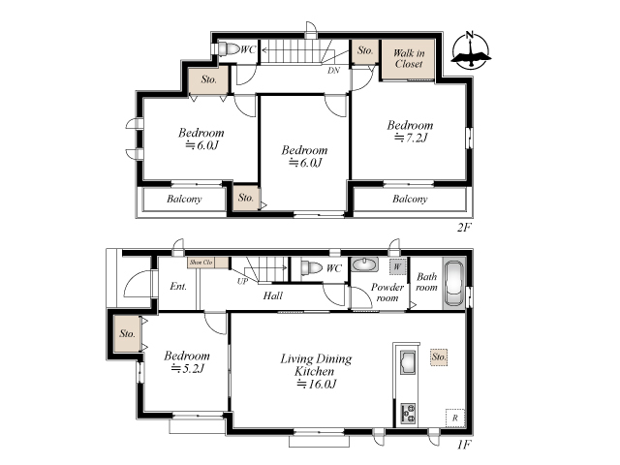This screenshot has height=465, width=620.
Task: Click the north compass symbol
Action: tap(471, 50)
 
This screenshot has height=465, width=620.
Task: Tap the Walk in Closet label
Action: tap(409, 58)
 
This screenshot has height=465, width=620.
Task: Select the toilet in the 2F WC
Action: tap(229, 49)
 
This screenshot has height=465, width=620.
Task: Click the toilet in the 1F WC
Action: tap(311, 268)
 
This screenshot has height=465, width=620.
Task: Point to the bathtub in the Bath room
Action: tap(453, 283)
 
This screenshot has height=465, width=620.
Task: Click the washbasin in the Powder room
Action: tap(364, 264)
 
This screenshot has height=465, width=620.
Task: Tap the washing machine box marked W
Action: tap(397, 267)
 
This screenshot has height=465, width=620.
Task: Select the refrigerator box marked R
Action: tap(454, 418)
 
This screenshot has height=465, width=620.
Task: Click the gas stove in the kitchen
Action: tap(408, 414)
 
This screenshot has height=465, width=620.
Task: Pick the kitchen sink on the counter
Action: tap(408, 361)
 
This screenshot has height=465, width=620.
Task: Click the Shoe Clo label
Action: tap(201, 263)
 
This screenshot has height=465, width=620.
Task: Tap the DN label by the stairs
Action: tap(333, 71)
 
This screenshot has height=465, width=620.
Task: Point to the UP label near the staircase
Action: tap(242, 281)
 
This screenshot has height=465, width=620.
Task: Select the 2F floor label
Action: tap(464, 228)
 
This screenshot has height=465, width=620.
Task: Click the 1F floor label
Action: tap(464, 445)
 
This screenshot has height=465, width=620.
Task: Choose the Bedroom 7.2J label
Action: tap(410, 132)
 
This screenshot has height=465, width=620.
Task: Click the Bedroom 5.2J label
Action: tap(187, 361)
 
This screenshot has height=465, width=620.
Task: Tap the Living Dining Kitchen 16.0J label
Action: tap(316, 371)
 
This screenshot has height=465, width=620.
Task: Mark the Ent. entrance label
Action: tap(178, 286)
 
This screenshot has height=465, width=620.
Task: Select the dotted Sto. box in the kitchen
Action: tap(439, 357)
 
